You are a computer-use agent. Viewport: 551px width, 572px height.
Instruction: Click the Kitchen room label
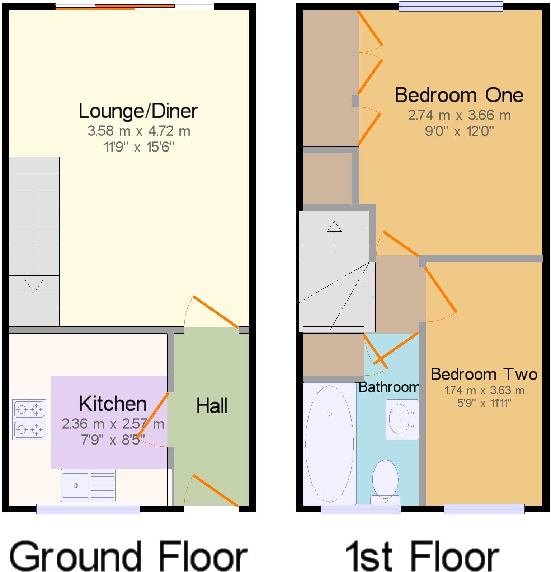click(x=113, y=404)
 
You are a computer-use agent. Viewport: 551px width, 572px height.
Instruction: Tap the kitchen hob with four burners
click(x=29, y=419)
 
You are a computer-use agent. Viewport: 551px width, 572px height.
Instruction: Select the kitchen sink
click(x=88, y=485)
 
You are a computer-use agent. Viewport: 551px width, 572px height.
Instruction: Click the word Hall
click(x=212, y=406)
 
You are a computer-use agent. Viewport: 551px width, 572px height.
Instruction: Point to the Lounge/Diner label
click(x=138, y=111)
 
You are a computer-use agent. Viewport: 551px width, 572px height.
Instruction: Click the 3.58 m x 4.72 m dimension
click(x=138, y=131)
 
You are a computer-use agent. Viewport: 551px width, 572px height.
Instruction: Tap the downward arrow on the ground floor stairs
click(x=34, y=286)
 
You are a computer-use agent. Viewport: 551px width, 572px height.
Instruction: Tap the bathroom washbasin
click(x=402, y=419)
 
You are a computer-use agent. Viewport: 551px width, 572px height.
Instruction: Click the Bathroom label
click(x=389, y=387)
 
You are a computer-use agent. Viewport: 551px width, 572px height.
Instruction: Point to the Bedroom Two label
click(x=484, y=375)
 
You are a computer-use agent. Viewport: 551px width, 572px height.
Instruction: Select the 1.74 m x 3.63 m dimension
click(x=484, y=390)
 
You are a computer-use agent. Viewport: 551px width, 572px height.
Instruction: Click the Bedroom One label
click(x=459, y=96)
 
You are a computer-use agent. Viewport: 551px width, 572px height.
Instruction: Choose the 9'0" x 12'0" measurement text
click(x=459, y=131)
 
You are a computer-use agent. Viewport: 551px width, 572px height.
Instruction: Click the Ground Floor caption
click(x=128, y=555)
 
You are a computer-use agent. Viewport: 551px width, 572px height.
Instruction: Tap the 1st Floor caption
click(x=422, y=555)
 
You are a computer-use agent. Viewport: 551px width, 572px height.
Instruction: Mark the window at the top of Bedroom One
click(x=451, y=6)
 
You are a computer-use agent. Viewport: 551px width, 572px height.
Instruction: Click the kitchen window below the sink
click(x=88, y=508)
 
